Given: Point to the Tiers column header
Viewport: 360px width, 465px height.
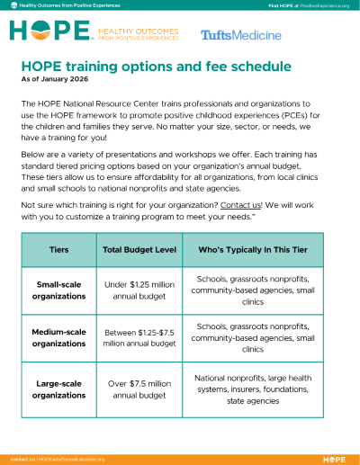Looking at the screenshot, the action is (x=58, y=249).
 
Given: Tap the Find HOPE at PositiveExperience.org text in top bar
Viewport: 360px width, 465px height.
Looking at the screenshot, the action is (x=308, y=5).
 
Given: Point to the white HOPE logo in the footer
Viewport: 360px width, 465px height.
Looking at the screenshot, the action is (x=333, y=459).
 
